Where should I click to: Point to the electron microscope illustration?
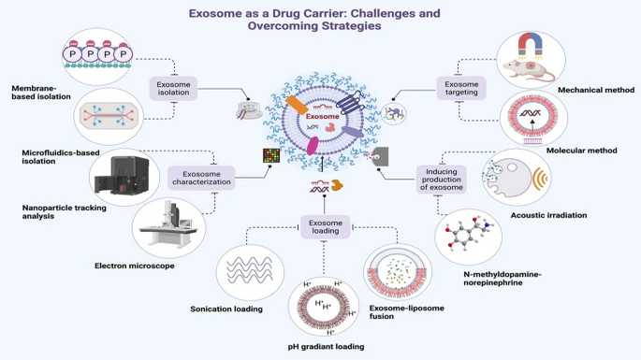tap(167, 228)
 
